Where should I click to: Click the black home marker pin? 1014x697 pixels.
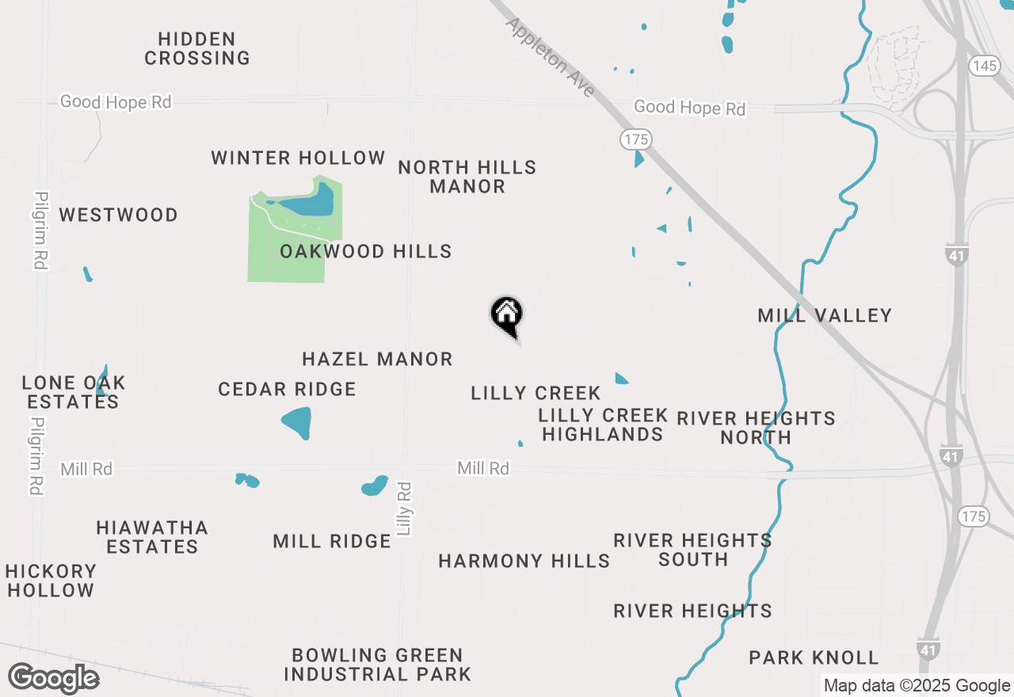[507, 315]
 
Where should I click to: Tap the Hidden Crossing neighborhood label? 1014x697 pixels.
[197, 48]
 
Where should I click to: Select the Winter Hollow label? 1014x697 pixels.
[298, 158]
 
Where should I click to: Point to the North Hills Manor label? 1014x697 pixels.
[467, 177]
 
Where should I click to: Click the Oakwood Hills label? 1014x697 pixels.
[366, 252]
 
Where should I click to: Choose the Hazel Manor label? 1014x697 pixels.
[377, 360]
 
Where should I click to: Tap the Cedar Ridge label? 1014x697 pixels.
[287, 390]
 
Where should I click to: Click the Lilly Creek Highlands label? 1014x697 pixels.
[603, 425]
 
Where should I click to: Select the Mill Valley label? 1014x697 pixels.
[825, 316]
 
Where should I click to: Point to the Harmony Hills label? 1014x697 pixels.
[524, 562]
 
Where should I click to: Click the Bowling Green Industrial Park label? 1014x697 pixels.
[377, 665]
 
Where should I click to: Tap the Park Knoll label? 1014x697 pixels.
[814, 658]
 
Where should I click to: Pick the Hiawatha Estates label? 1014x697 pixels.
[152, 537]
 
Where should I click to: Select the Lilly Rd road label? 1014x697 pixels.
[405, 508]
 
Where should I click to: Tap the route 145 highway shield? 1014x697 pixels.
[984, 66]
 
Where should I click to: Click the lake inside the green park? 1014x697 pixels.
[307, 205]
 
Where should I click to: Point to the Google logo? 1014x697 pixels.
[53, 678]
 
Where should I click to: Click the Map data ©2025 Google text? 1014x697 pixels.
[917, 686]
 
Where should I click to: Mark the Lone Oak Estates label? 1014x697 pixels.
[73, 392]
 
